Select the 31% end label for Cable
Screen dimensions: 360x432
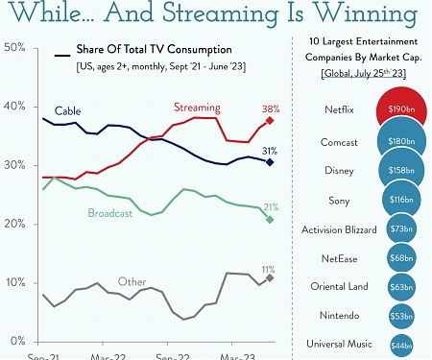tap(270, 151)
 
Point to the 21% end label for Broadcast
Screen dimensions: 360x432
tap(270, 207)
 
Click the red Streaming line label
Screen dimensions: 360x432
tap(197, 107)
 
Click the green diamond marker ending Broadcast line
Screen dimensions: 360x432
tap(270, 220)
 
